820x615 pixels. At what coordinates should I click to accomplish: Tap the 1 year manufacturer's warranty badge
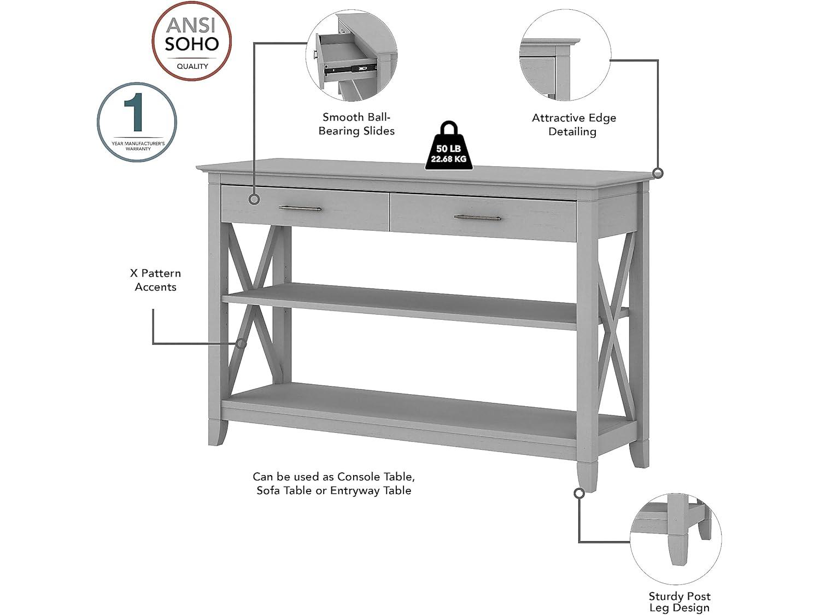click(x=137, y=122)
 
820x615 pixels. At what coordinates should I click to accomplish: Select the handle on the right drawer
click(x=477, y=218)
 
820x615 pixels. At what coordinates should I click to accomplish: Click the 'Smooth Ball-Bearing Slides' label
click(x=356, y=124)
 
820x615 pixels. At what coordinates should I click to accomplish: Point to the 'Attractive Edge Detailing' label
click(x=573, y=125)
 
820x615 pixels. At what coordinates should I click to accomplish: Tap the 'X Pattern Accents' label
click(x=156, y=280)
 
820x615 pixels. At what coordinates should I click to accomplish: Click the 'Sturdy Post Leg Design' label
click(x=680, y=602)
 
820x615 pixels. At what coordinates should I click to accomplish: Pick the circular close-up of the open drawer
click(x=351, y=58)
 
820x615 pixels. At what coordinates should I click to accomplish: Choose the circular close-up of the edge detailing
click(x=565, y=55)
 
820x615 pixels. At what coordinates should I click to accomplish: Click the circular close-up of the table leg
click(x=676, y=538)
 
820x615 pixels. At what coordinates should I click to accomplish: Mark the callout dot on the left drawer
click(x=254, y=200)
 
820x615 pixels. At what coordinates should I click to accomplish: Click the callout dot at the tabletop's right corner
click(x=658, y=173)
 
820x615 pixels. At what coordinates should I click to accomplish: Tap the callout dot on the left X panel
click(x=241, y=343)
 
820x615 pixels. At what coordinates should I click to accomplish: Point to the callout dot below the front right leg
click(x=579, y=494)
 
